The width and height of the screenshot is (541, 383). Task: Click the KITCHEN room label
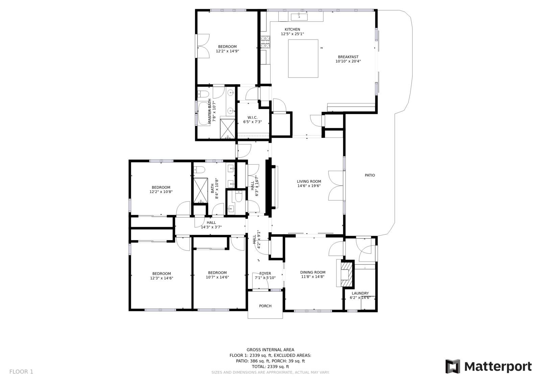pyautogui.click(x=292, y=29)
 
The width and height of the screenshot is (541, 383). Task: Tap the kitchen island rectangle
pyautogui.click(x=303, y=59)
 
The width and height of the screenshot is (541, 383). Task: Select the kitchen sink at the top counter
pyautogui.click(x=299, y=17)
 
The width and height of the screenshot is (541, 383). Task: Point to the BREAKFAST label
pyautogui.click(x=348, y=57)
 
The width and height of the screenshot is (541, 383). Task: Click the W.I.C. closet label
pyautogui.click(x=252, y=118)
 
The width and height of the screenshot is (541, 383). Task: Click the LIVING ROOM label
pyautogui.click(x=309, y=182)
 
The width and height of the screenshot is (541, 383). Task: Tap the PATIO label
pyautogui.click(x=370, y=175)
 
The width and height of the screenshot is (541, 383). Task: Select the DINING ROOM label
pyautogui.click(x=313, y=272)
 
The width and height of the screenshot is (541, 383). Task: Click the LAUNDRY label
pyautogui.click(x=360, y=293)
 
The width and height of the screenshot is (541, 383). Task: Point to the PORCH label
pyautogui.click(x=265, y=306)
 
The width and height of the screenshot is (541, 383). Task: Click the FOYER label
pyautogui.click(x=265, y=273)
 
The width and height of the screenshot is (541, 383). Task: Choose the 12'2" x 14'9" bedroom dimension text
pyautogui.click(x=227, y=51)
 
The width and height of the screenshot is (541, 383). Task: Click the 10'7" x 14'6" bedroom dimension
pyautogui.click(x=217, y=277)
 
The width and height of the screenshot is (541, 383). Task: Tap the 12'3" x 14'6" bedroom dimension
pyautogui.click(x=162, y=278)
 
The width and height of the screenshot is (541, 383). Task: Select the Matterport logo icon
pyautogui.click(x=453, y=366)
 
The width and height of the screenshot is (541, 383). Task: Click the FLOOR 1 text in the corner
pyautogui.click(x=21, y=371)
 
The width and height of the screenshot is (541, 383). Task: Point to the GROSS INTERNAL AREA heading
pyautogui.click(x=270, y=349)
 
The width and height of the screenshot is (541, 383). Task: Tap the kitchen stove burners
pyautogui.click(x=265, y=42)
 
